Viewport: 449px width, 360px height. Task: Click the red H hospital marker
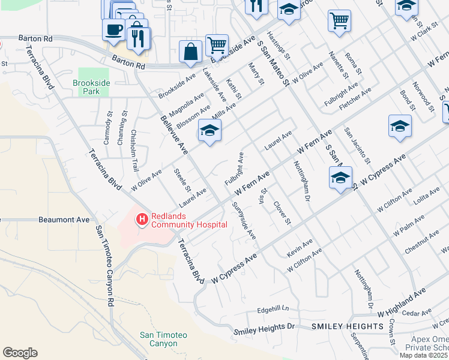[x=142, y=220]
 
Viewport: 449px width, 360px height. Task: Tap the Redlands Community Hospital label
[x=189, y=220]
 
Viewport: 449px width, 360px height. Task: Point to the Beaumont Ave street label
[x=64, y=220]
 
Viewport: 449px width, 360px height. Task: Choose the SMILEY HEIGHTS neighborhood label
[x=348, y=326]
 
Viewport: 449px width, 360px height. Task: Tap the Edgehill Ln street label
[x=273, y=310]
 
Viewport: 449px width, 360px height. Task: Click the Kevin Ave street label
[x=300, y=248]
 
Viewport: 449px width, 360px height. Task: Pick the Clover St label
[x=282, y=214]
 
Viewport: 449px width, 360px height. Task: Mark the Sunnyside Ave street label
[x=244, y=220]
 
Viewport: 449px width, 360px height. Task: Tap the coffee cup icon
[x=113, y=28]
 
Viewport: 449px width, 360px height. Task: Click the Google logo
[x=20, y=353]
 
